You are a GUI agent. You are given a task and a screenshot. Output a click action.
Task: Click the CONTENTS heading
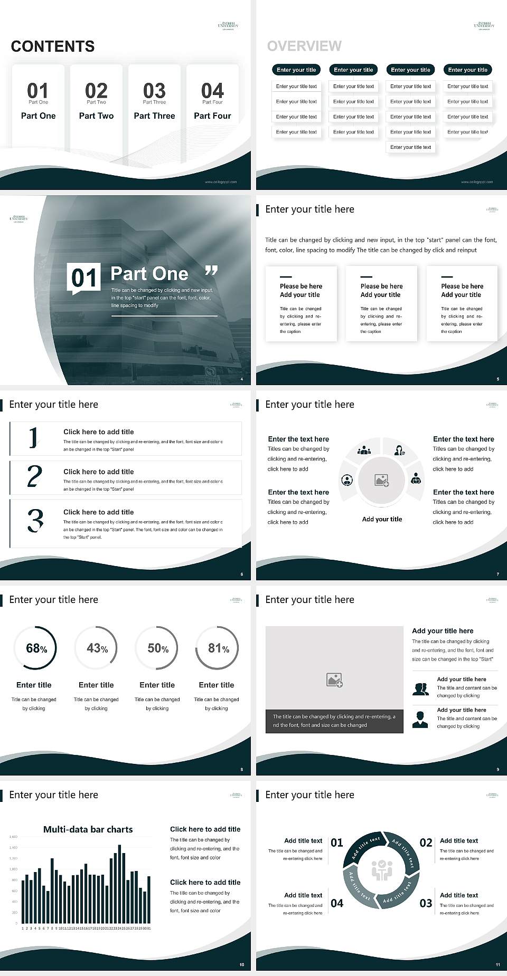click(53, 46)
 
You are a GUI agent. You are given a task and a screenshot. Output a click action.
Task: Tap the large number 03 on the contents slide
click(154, 90)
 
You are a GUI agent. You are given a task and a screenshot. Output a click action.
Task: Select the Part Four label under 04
click(212, 116)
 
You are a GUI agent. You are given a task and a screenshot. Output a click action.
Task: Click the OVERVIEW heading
click(304, 46)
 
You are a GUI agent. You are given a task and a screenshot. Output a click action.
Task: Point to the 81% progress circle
click(217, 648)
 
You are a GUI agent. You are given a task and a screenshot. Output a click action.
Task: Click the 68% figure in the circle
click(36, 648)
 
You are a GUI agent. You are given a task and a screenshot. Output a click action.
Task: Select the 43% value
click(97, 648)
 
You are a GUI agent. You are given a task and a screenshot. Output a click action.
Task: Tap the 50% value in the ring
click(157, 648)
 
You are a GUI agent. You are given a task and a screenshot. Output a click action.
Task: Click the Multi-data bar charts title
click(88, 829)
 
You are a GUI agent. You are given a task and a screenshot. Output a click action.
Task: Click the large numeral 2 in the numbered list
click(34, 476)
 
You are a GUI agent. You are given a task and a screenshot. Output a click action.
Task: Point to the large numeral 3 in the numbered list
click(35, 520)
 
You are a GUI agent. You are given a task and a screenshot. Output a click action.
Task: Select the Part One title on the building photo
click(149, 273)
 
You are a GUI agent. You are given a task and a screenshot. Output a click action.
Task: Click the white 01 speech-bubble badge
click(83, 278)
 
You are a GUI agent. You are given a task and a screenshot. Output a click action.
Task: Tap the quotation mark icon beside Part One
click(211, 271)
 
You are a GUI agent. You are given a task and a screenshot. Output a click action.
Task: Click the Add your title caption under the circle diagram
click(382, 519)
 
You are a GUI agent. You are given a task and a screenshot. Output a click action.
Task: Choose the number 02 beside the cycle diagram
click(426, 843)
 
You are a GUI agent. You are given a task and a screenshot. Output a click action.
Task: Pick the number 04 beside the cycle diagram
click(337, 903)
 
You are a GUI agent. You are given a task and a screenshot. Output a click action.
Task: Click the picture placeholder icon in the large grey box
click(334, 680)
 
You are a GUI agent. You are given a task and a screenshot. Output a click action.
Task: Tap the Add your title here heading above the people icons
click(443, 630)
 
